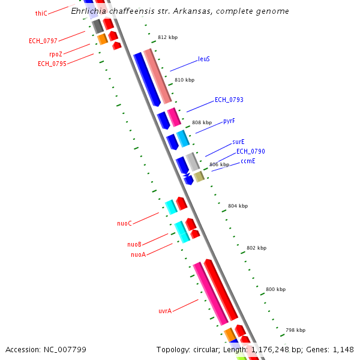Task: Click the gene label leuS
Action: (203, 59)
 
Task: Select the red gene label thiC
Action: (41, 13)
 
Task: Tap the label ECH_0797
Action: (43, 41)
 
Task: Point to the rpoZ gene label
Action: (55, 54)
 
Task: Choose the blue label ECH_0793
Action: (229, 100)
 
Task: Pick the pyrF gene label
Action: (229, 121)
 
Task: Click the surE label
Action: (238, 142)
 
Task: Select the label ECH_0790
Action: (250, 152)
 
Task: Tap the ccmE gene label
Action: (248, 161)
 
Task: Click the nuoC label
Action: (124, 223)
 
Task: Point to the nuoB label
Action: (134, 244)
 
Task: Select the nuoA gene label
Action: (138, 254)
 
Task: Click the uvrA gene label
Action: (165, 311)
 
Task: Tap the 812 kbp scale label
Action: (167, 37)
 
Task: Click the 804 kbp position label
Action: (238, 206)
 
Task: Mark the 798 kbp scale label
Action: (295, 330)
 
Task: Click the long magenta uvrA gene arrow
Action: (210, 294)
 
